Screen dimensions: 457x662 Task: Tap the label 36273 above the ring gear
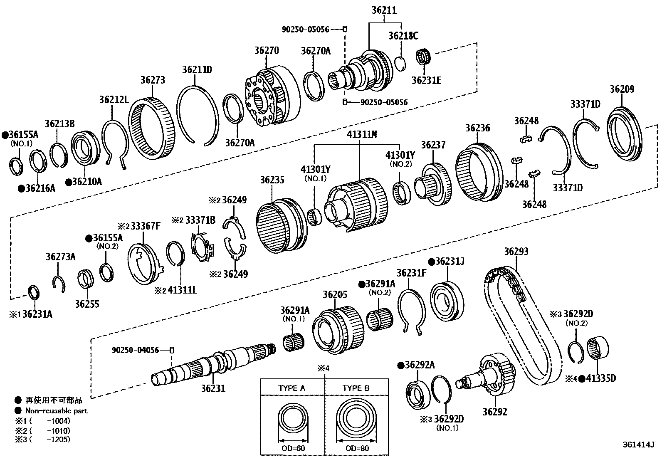point(153,80)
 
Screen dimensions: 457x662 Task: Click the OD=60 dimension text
point(293,448)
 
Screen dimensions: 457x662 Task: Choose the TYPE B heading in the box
point(356,388)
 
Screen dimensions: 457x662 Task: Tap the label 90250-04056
point(135,350)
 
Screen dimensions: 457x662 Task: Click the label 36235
point(272,180)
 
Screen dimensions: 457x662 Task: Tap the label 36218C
point(403,36)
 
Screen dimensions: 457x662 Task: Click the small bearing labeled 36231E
point(423,57)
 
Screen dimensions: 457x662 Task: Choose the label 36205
point(335,295)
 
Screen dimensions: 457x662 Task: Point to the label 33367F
point(145,226)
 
